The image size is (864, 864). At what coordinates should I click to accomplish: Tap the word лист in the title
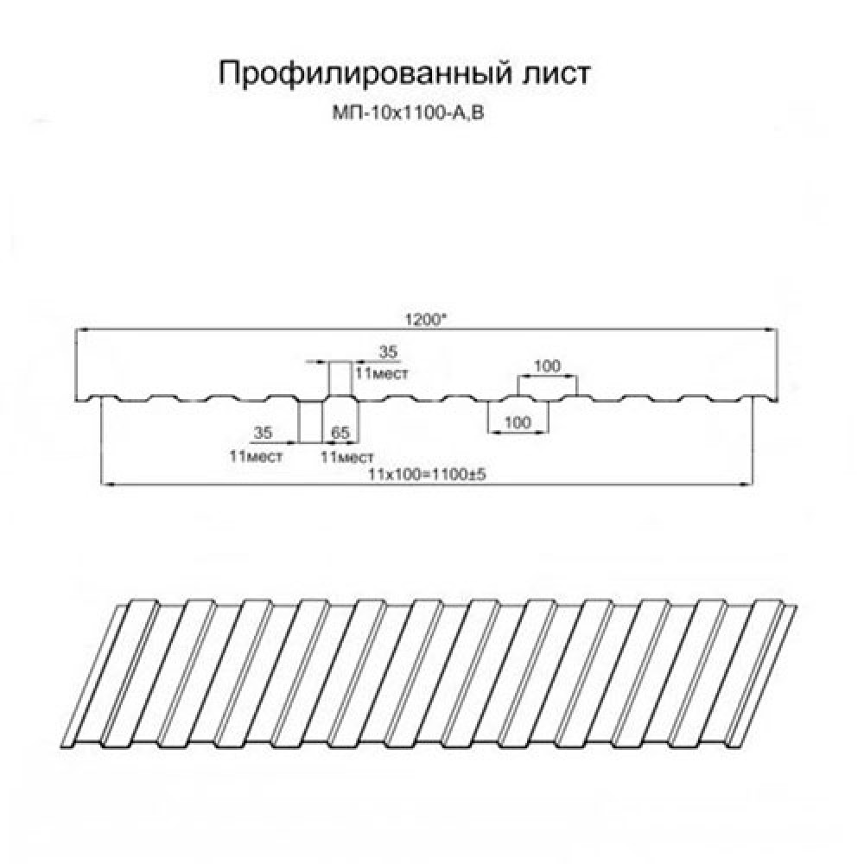556,73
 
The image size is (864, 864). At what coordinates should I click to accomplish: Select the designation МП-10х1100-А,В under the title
409,114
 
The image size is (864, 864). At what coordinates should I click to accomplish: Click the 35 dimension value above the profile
388,353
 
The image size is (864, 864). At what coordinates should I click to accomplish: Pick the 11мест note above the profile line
382,373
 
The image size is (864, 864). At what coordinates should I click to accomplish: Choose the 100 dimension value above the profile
547,365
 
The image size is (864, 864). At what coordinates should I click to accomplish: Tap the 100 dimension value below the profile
518,422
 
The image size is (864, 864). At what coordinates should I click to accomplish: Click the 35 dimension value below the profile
263,433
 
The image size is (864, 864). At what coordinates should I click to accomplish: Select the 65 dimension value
340,433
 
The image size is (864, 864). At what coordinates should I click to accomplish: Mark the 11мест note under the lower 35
256,456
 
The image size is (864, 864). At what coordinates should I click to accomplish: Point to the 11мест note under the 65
347,456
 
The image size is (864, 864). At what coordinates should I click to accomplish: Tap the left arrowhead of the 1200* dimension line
81,329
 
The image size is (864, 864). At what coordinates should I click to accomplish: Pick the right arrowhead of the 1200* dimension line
772,329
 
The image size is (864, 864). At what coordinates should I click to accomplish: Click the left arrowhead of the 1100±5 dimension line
107,485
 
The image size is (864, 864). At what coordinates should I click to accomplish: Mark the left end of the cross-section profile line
75,399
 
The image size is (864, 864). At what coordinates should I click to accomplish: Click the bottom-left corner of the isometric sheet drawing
60,747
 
